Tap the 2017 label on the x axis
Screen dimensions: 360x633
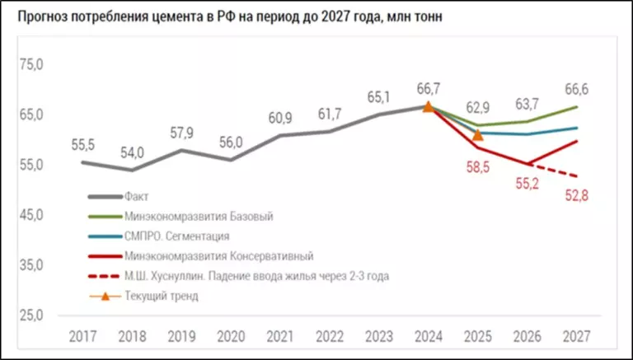82,336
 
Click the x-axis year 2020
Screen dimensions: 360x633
231,336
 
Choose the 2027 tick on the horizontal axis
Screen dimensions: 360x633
575,336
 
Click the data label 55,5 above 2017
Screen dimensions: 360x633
82,145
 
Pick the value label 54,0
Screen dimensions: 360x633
133,153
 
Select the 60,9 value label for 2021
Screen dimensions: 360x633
281,118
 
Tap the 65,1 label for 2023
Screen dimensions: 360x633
378,96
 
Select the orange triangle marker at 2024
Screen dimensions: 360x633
428,106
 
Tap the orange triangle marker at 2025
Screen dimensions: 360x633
477,134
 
